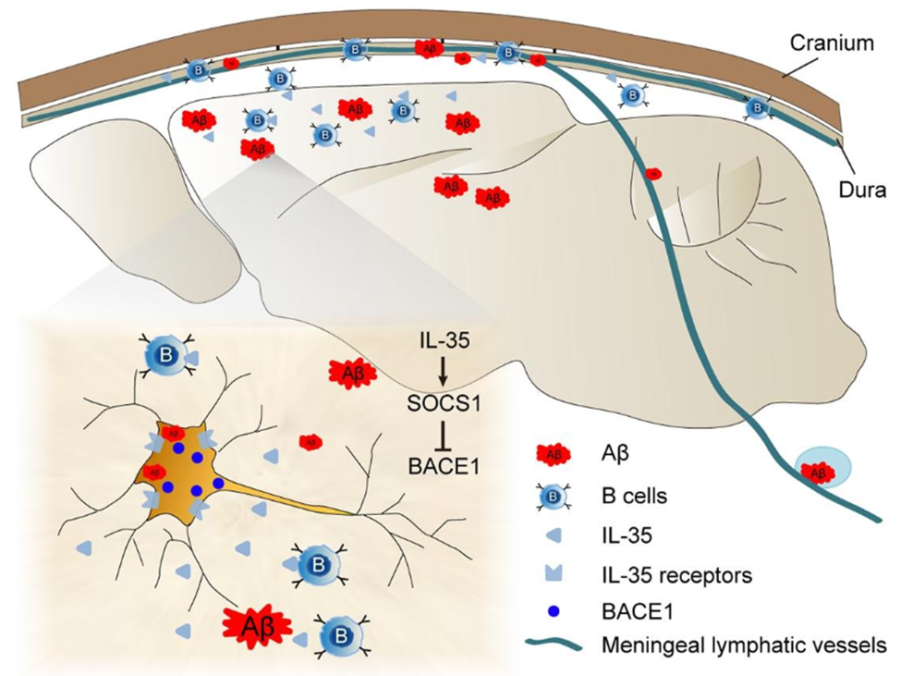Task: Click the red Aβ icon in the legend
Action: click(x=552, y=454)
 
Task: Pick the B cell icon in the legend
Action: click(x=553, y=497)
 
